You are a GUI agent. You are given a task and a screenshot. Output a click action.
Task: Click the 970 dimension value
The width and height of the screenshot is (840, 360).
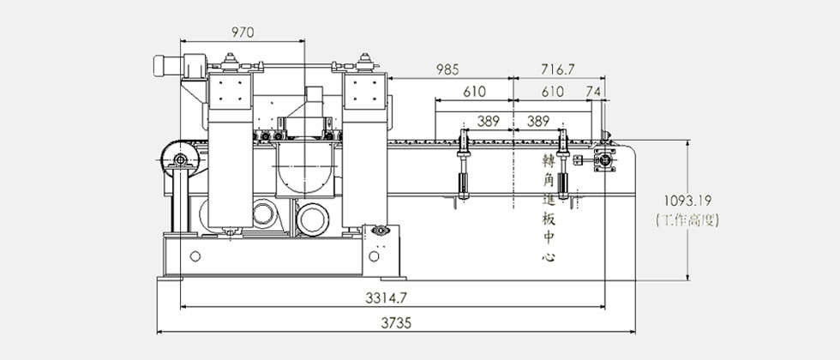243,33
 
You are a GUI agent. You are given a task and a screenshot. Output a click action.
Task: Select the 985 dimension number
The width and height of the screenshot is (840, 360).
447,69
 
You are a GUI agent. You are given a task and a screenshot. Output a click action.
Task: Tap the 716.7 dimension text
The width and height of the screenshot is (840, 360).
558,69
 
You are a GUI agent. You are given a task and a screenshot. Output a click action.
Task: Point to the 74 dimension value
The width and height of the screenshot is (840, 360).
593,92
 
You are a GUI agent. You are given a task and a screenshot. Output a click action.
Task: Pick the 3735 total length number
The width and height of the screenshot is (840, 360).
396,323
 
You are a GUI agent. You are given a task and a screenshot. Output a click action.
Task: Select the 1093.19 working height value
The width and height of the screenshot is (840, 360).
687,201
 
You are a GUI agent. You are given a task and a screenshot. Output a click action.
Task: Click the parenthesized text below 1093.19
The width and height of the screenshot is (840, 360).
687,219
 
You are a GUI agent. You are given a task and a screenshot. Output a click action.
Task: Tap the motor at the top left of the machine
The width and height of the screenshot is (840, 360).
179,65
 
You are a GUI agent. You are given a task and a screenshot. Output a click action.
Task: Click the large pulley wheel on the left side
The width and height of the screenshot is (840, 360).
180,159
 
